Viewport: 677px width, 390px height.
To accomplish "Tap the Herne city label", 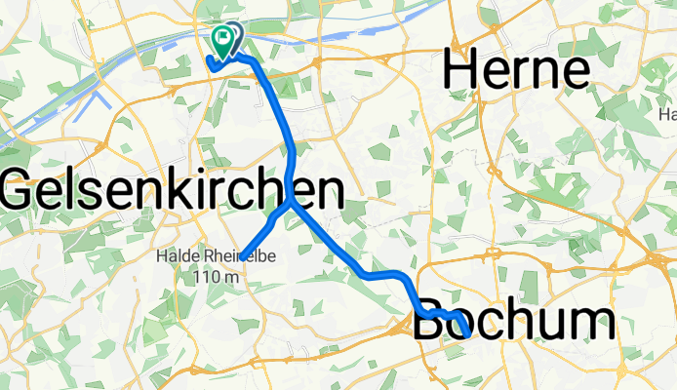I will point(517,71).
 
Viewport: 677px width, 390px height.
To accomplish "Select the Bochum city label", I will point(514,323).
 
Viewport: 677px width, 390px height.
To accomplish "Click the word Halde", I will point(176,258).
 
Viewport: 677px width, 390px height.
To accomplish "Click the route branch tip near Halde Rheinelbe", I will point(244,251).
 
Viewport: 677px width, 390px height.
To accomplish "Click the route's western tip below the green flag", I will point(210,64).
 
